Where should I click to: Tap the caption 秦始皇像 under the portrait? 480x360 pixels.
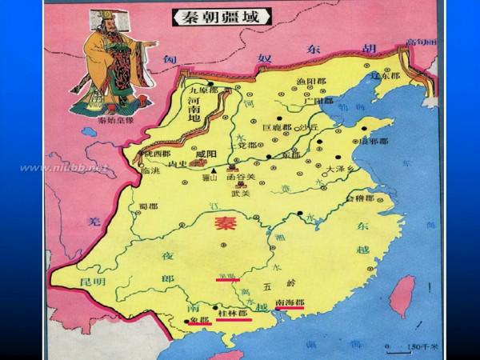[x=114, y=122]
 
